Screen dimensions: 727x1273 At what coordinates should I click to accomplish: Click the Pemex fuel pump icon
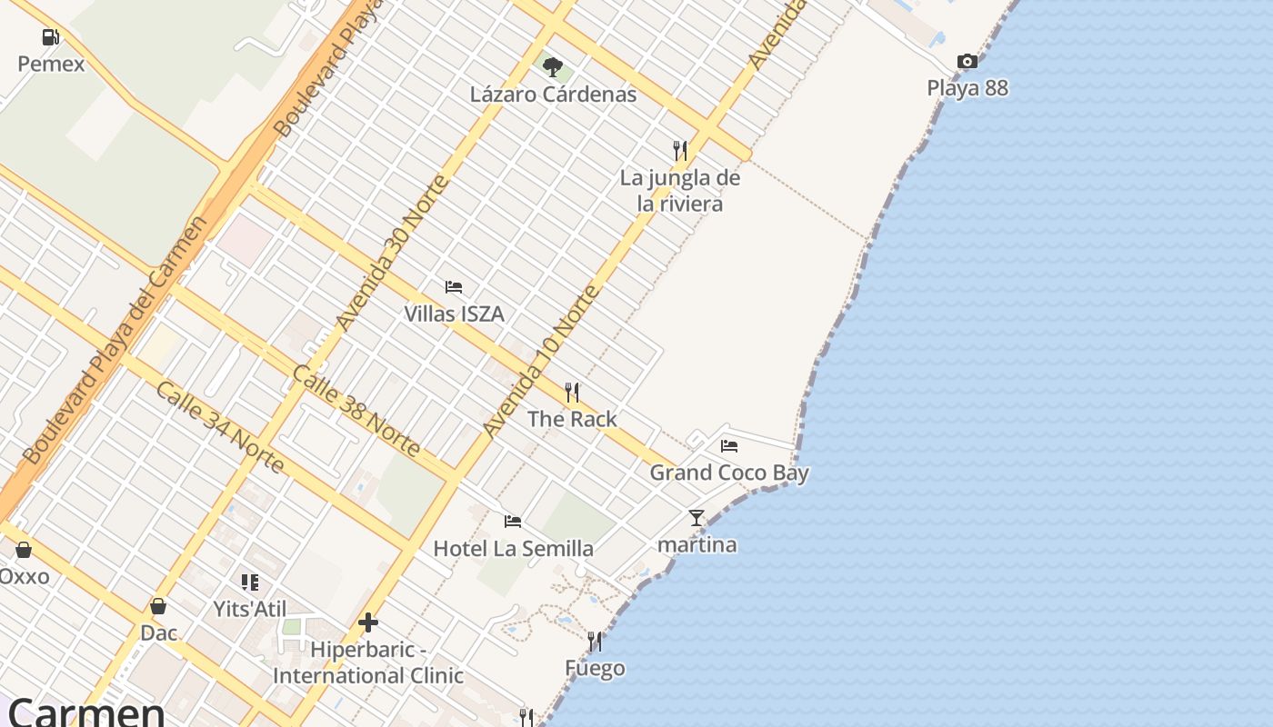[x=51, y=37]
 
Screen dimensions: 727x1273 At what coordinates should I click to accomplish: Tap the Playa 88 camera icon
[x=967, y=62]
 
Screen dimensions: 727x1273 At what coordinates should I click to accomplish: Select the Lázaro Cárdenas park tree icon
[x=553, y=66]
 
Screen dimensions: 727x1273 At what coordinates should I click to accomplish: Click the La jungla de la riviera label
[x=680, y=191]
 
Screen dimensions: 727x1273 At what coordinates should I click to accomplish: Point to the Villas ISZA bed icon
[x=454, y=287]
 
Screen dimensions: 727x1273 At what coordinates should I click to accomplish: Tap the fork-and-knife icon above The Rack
[x=572, y=393]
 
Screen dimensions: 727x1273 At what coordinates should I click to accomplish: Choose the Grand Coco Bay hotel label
[x=729, y=473]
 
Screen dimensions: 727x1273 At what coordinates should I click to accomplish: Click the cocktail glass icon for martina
[x=697, y=518]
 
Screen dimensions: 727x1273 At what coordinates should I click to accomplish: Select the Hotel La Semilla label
[x=513, y=549]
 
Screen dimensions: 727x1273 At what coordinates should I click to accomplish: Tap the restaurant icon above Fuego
[x=595, y=642]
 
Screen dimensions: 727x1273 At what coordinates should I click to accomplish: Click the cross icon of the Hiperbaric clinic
[x=368, y=622]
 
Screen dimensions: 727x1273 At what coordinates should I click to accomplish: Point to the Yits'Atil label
[x=249, y=609]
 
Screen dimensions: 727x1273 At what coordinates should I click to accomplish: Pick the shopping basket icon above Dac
[x=158, y=606]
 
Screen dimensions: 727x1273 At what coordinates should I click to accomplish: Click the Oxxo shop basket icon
[x=24, y=550]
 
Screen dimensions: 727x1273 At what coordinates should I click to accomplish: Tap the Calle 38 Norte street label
[x=357, y=412]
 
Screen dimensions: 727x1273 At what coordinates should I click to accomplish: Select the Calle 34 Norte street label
[x=220, y=427]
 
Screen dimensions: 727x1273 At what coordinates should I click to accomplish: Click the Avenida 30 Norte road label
[x=392, y=253]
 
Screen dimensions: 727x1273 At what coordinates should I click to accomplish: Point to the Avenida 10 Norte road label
[x=542, y=361]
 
